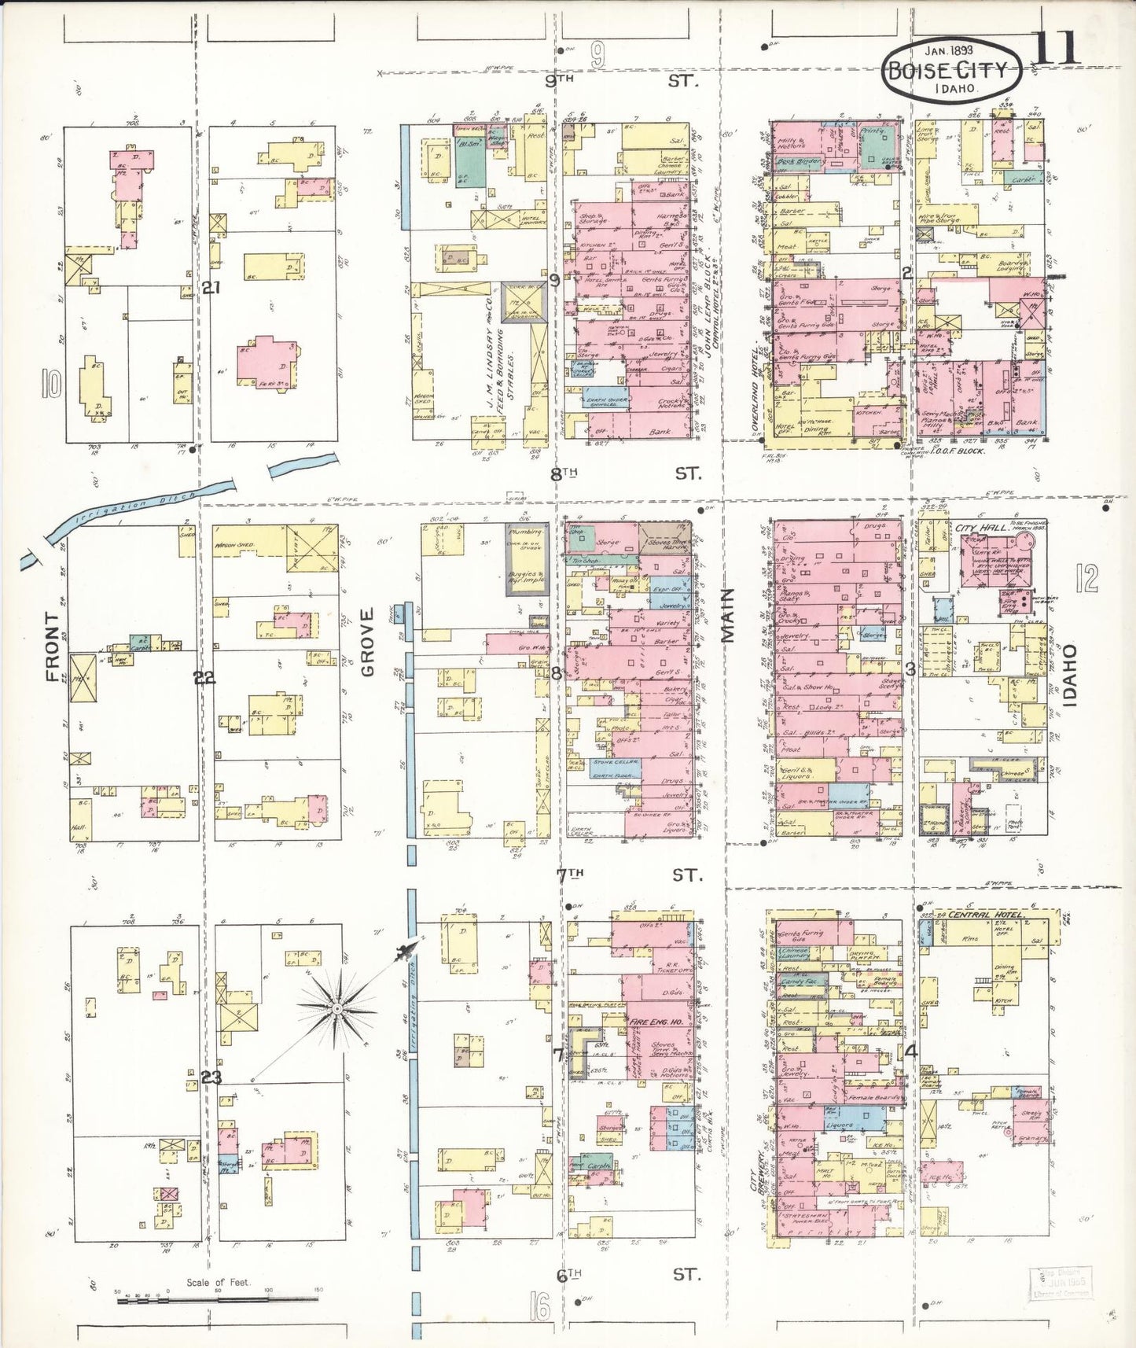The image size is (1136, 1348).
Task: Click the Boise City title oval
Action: pyautogui.click(x=952, y=69)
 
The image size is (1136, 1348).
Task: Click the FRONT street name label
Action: pyautogui.click(x=53, y=646)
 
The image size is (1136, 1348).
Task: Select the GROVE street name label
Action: pyautogui.click(x=367, y=642)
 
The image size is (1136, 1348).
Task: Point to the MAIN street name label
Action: pyautogui.click(x=727, y=615)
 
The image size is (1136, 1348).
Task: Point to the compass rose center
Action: pyautogui.click(x=336, y=1008)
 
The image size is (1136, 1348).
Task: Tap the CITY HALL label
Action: pyautogui.click(x=982, y=528)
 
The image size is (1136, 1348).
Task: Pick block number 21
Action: pyautogui.click(x=210, y=288)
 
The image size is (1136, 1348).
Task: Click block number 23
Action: pyautogui.click(x=211, y=1077)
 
